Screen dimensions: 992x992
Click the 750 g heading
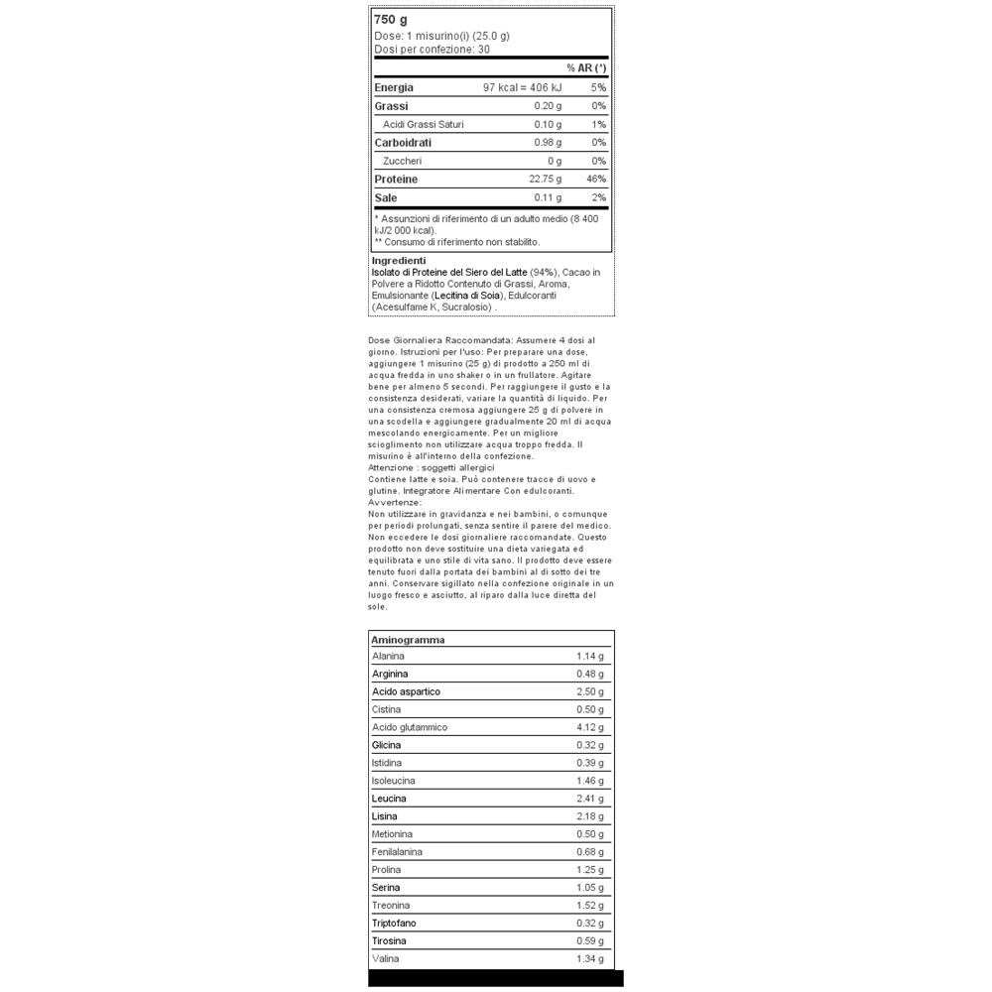coord(391,20)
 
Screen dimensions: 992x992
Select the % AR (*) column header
coord(586,68)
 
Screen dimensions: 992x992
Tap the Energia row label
coord(394,87)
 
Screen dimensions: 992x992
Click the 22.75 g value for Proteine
coord(545,180)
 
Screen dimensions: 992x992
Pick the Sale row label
coord(386,197)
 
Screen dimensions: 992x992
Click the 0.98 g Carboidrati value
coord(548,143)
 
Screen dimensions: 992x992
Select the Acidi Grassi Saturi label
coord(423,125)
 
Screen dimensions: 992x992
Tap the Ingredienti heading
coord(398,261)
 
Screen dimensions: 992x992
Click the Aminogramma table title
coord(408,640)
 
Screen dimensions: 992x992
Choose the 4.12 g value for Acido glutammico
coord(589,727)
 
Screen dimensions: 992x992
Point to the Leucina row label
coord(389,799)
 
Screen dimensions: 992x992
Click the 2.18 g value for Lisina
coord(589,816)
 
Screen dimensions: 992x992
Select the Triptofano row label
coord(395,923)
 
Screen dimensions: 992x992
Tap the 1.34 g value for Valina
coord(589,958)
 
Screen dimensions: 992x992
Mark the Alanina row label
coord(388,657)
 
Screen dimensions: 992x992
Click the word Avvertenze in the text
coord(393,502)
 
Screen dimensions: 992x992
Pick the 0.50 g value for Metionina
coord(589,834)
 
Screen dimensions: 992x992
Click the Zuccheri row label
coord(402,161)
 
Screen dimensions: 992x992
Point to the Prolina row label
coord(386,870)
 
